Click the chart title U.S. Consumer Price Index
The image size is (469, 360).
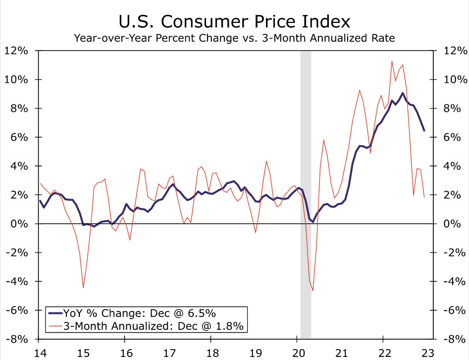tap(234, 21)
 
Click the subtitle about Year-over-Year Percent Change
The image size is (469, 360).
tap(234, 38)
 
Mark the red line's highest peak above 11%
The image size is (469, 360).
tap(392, 61)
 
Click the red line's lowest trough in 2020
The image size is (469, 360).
tap(313, 290)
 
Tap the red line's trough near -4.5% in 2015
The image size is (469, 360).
tap(83, 288)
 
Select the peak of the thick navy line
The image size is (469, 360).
tap(403, 93)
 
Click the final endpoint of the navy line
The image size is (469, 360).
tap(423, 131)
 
